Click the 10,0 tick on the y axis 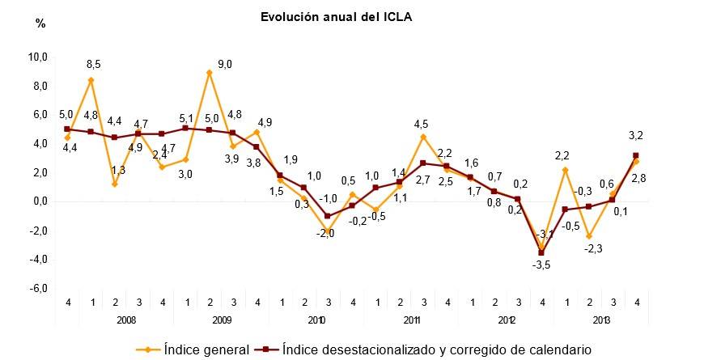39,57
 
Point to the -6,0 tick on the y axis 39,289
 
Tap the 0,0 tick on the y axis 39,202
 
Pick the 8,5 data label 95,63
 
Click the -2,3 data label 592,249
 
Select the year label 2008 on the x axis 125,320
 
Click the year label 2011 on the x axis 411,320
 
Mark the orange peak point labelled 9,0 210,73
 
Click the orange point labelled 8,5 91,80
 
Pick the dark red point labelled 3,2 635,155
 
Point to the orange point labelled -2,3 588,235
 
